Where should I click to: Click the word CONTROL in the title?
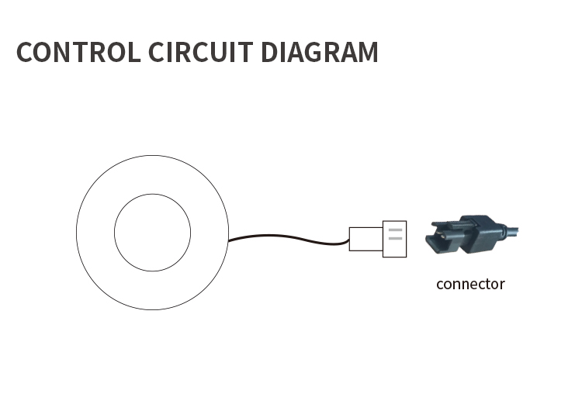click(x=78, y=52)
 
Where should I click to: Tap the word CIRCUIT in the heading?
click(x=201, y=52)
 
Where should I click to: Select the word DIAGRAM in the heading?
click(x=320, y=52)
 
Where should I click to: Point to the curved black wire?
click(x=289, y=237)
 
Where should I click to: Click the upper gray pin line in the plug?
click(x=395, y=230)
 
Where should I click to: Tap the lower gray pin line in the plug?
click(x=395, y=239)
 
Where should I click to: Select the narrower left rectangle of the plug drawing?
click(x=366, y=240)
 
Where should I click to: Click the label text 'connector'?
click(x=471, y=284)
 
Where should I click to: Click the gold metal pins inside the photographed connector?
click(x=442, y=235)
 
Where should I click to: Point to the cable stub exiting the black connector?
click(x=511, y=231)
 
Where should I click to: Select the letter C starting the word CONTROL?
click(x=24, y=52)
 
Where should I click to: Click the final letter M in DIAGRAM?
click(x=368, y=52)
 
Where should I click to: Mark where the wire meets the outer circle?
click(x=228, y=240)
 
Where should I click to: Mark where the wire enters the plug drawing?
click(x=349, y=242)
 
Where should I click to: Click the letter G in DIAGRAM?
click(x=307, y=52)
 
